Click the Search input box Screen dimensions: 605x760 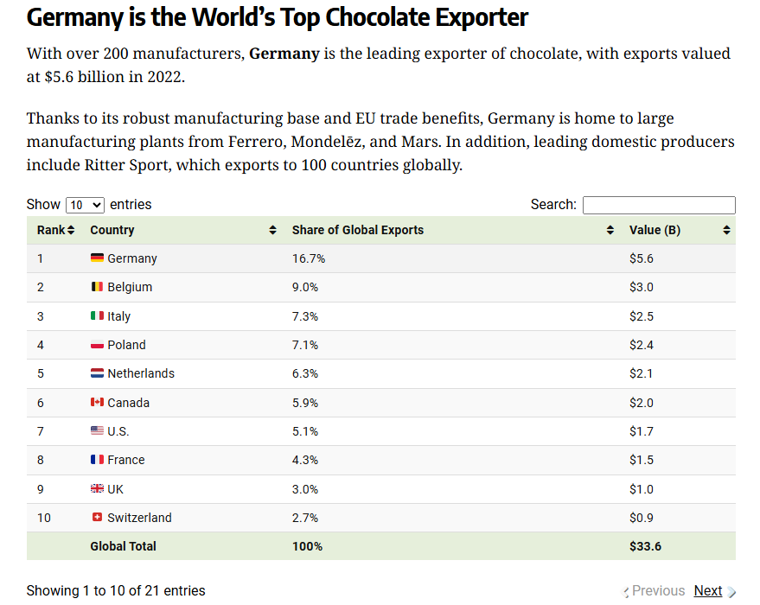tap(659, 205)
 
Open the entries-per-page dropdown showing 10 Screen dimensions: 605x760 tap(85, 205)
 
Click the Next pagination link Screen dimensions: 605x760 tap(707, 590)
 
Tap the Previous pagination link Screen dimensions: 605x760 tap(658, 590)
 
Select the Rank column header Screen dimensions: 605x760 tap(55, 230)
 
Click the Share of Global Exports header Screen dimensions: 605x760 tap(358, 230)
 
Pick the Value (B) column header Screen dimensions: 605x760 tap(655, 230)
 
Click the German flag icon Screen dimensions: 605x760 tap(97, 258)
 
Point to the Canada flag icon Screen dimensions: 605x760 tap(97, 403)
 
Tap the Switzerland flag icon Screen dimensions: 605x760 tap(97, 518)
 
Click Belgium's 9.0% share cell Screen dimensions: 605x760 tap(305, 287)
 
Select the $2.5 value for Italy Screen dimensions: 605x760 tap(642, 316)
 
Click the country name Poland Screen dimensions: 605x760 tap(126, 345)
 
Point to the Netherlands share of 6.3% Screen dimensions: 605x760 tap(305, 373)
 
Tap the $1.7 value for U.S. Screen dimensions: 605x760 tap(642, 431)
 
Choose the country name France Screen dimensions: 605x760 tap(126, 460)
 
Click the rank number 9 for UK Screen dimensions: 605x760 tap(41, 489)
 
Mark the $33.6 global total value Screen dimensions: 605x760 tap(645, 546)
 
